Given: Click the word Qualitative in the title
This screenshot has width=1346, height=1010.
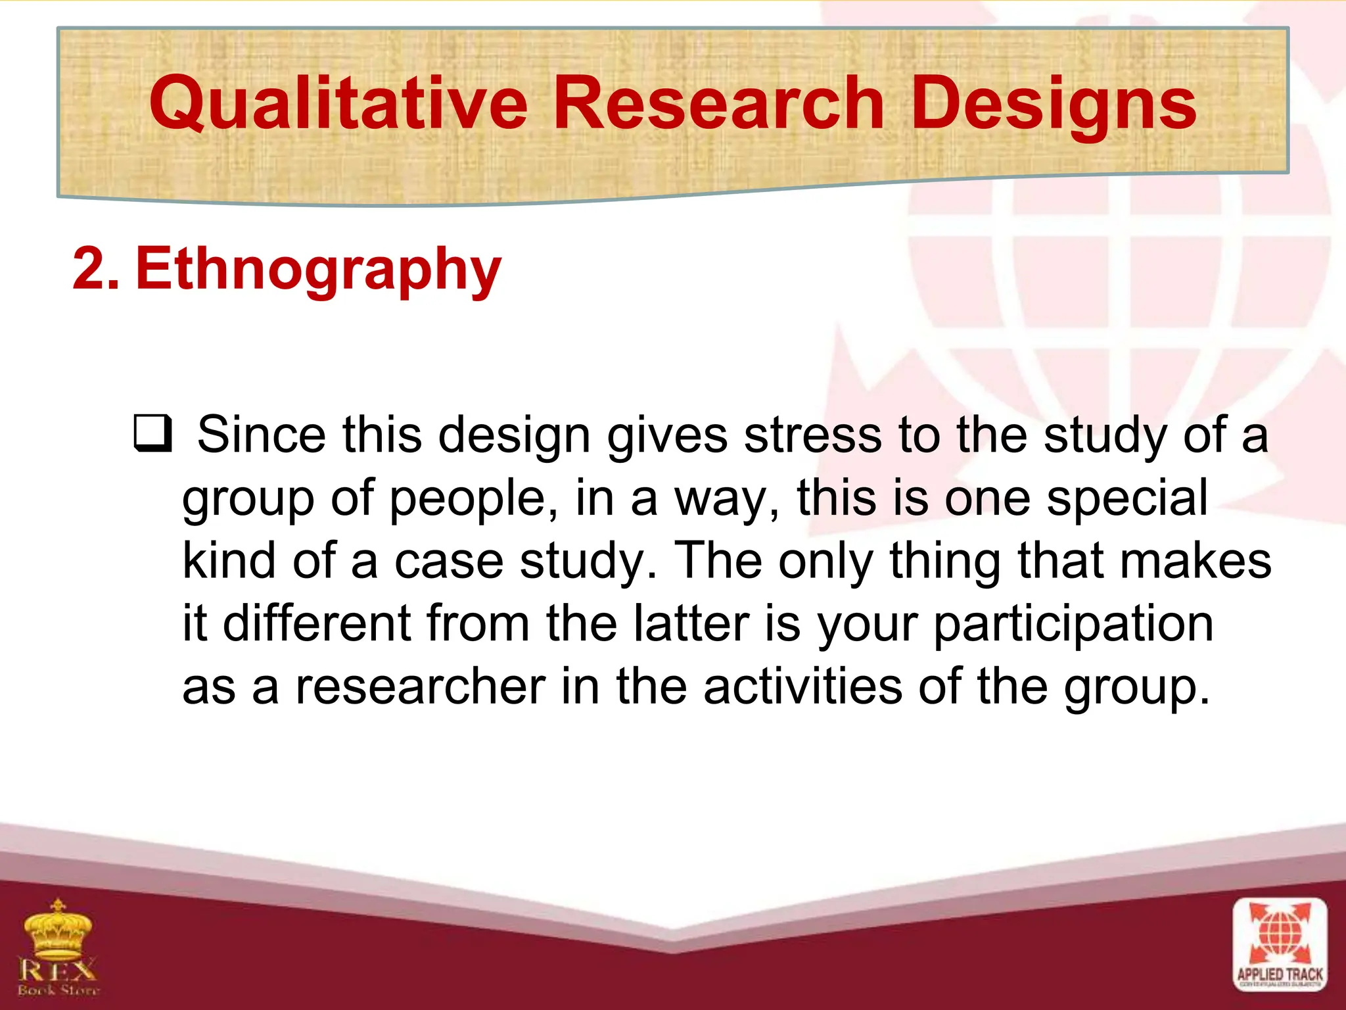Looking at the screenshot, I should click(338, 104).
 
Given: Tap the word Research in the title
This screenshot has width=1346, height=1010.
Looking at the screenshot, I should click(718, 103).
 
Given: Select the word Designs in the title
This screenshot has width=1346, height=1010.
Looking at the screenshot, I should click(1054, 104).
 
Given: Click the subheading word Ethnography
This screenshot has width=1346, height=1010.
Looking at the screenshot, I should click(318, 270).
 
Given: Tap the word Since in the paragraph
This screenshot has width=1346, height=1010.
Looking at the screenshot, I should click(262, 435).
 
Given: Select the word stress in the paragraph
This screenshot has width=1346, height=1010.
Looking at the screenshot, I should click(812, 435).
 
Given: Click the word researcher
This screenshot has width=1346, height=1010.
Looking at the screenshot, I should click(421, 687).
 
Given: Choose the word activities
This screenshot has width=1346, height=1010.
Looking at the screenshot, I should click(802, 687).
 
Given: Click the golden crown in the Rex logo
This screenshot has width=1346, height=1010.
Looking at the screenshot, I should click(58, 928).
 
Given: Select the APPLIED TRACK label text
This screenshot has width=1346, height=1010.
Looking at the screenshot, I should click(1280, 974).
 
